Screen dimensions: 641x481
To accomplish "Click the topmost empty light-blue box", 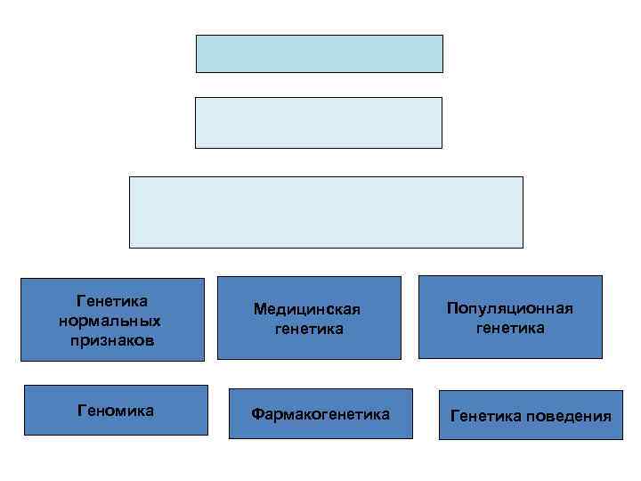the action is tap(319, 53).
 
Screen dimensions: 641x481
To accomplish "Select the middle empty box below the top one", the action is tap(318, 122).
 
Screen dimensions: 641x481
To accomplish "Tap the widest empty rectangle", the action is tap(326, 211).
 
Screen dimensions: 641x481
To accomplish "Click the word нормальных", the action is tap(110, 321).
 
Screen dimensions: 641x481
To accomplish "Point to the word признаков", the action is tap(111, 340).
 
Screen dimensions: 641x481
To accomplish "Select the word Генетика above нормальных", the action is tap(112, 302).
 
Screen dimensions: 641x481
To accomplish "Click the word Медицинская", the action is tap(307, 309).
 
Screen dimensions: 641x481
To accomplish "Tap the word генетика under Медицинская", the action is tap(309, 329).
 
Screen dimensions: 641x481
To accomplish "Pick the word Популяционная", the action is tap(510, 308).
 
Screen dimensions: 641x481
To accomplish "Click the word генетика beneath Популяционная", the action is tap(510, 328).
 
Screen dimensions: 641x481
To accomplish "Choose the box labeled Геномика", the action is tap(116, 411).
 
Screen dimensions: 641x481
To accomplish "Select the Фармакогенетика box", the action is tap(320, 414).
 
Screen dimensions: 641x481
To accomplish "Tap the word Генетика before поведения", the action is tap(486, 416).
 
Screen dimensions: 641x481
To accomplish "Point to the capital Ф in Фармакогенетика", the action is tap(256, 414).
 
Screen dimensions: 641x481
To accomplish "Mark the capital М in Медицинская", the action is tap(259, 309).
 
